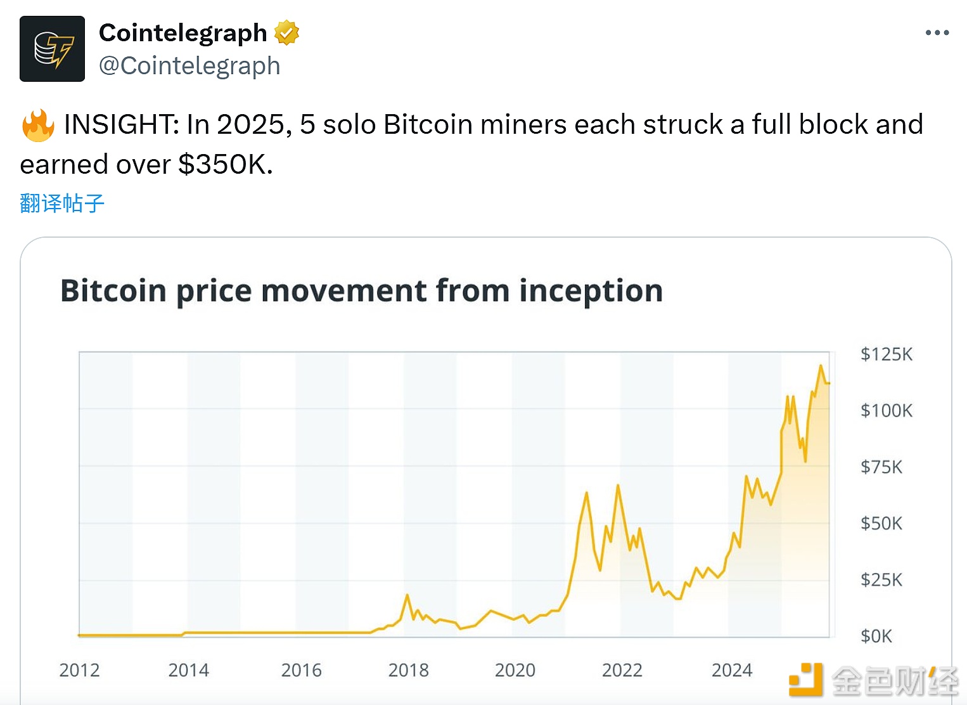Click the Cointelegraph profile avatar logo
pyautogui.click(x=52, y=49)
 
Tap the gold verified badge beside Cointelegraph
pyautogui.click(x=286, y=32)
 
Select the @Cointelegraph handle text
pyautogui.click(x=189, y=66)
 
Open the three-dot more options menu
pyautogui.click(x=937, y=32)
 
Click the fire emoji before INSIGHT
pyautogui.click(x=38, y=125)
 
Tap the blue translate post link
pyautogui.click(x=62, y=204)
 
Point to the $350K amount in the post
pyautogui.click(x=226, y=165)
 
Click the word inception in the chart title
pyautogui.click(x=591, y=291)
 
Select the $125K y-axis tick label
pyautogui.click(x=886, y=354)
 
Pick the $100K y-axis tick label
pyautogui.click(x=886, y=411)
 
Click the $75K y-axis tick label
pyautogui.click(x=881, y=467)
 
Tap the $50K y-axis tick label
pyautogui.click(x=881, y=524)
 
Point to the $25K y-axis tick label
pyautogui.click(x=881, y=580)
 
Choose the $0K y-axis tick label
pyautogui.click(x=876, y=636)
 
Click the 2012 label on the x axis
pyautogui.click(x=79, y=670)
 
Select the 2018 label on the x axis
pyautogui.click(x=408, y=670)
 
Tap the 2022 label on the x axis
pyautogui.click(x=622, y=670)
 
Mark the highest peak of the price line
pyautogui.click(x=821, y=366)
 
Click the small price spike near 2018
pyautogui.click(x=407, y=595)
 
